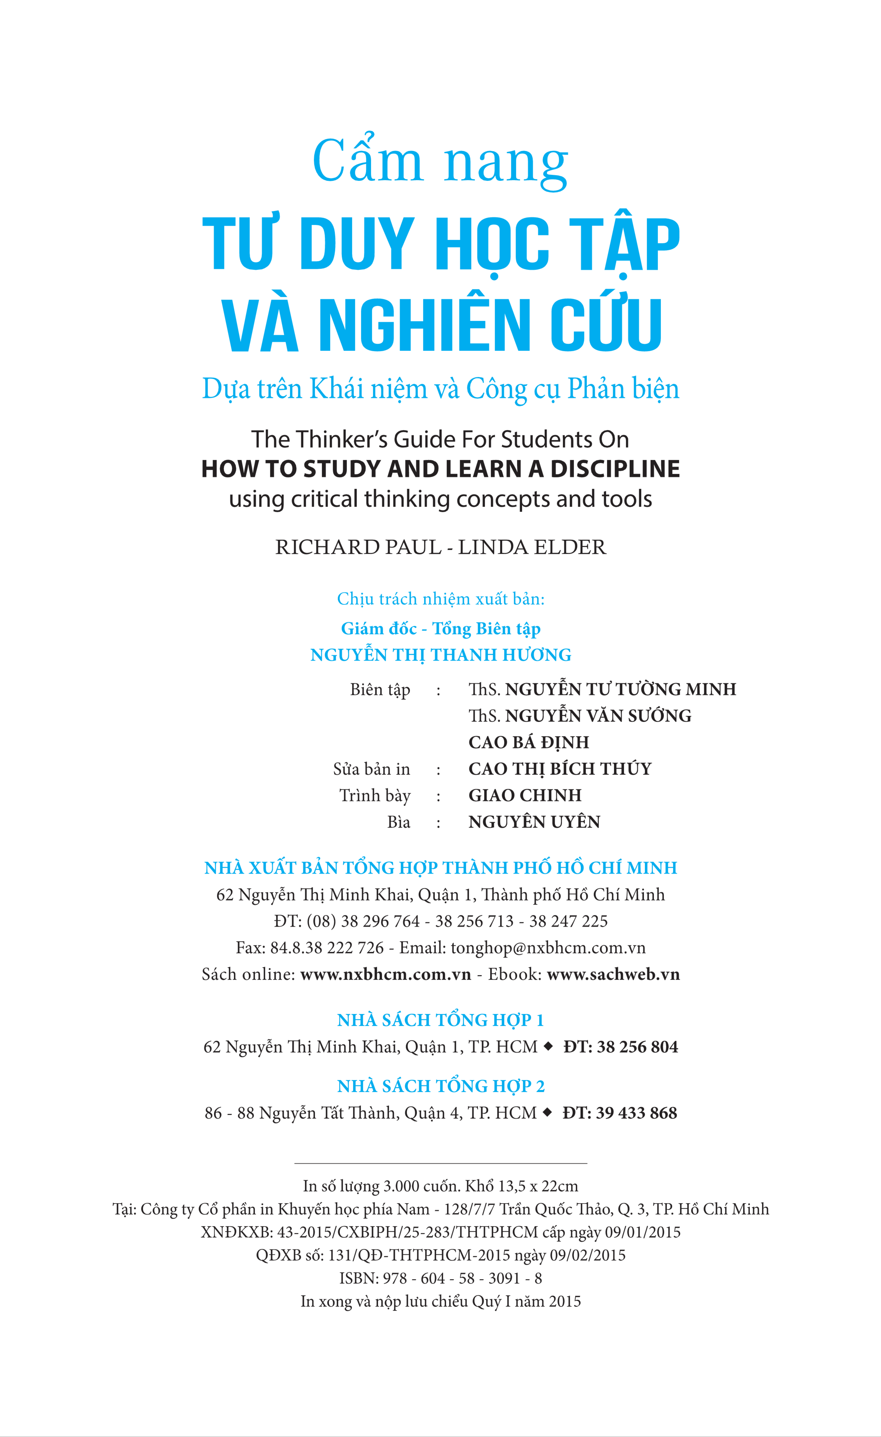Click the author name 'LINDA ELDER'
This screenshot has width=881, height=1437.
[x=532, y=547]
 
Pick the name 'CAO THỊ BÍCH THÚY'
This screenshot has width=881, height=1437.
[x=560, y=769]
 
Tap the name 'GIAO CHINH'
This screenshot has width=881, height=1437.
[x=525, y=795]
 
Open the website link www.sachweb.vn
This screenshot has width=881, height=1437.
[x=613, y=974]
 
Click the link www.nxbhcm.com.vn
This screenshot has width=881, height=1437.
[x=385, y=974]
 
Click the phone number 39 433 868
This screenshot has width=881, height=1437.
[x=636, y=1113]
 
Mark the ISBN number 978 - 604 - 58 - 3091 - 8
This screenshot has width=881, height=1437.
[x=462, y=1278]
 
